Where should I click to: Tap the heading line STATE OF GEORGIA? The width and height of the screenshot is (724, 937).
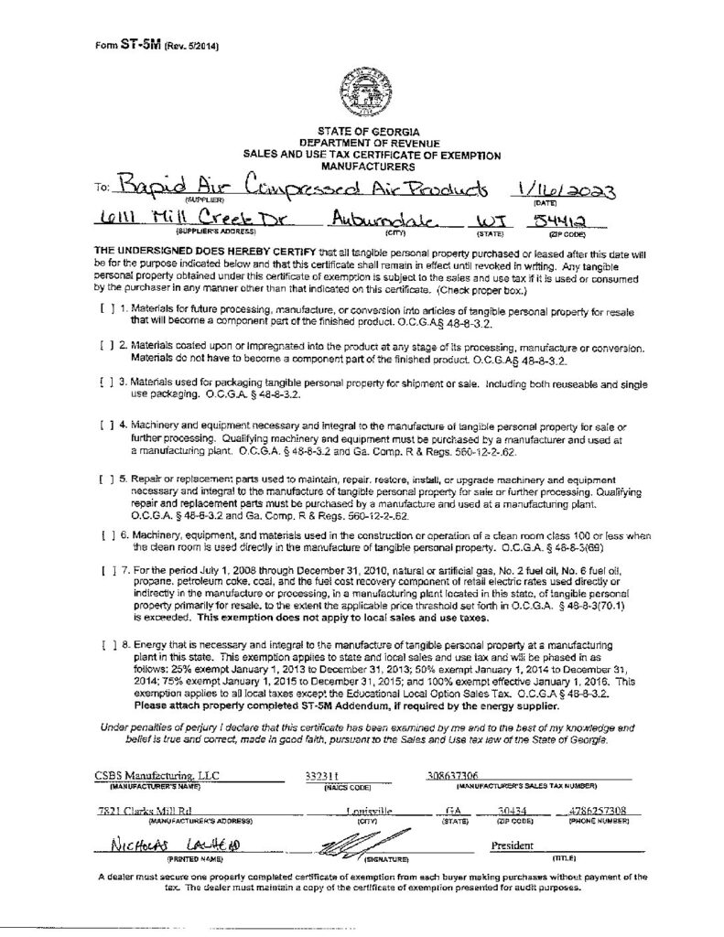pos(362,135)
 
